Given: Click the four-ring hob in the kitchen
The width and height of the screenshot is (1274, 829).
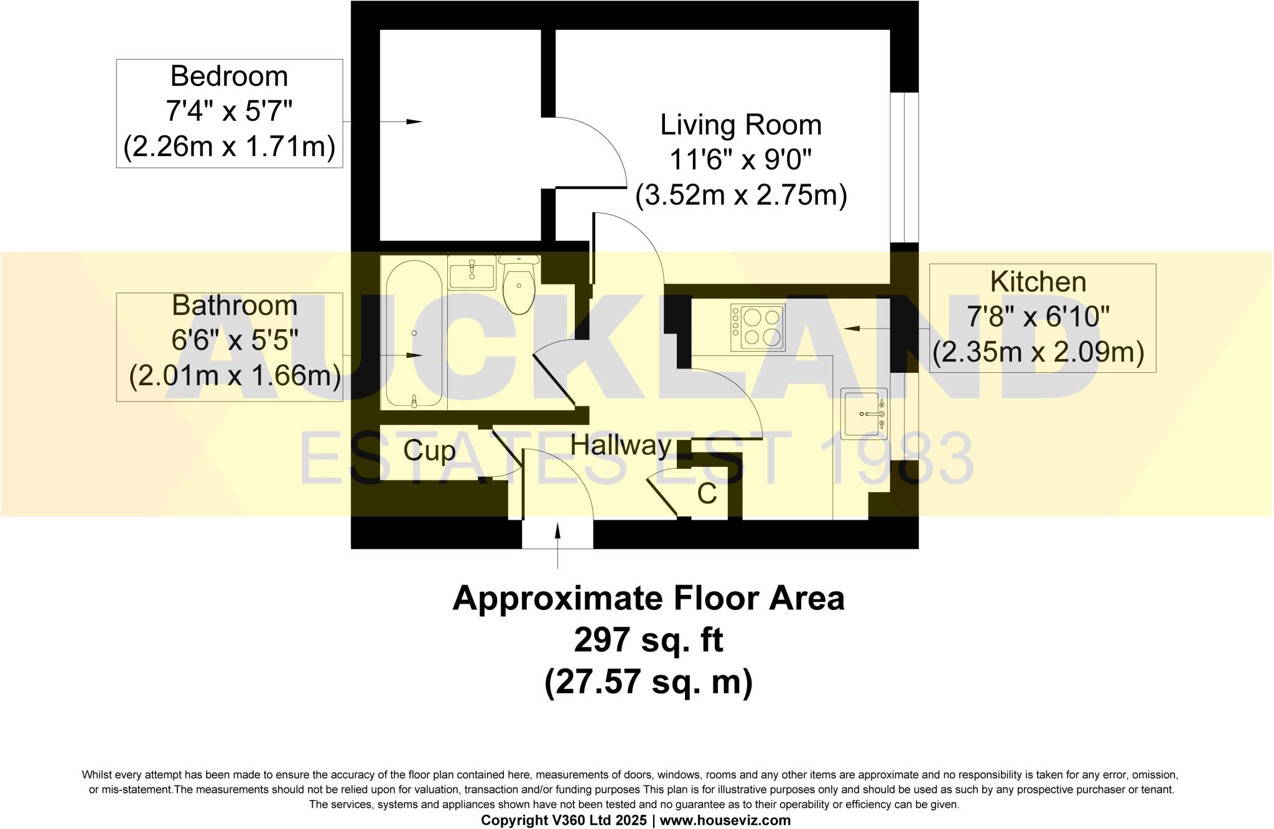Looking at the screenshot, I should pyautogui.click(x=757, y=327).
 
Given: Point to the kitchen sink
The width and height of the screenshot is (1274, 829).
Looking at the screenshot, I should pyautogui.click(x=863, y=413).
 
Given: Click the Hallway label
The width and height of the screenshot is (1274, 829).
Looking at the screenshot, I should pyautogui.click(x=621, y=446).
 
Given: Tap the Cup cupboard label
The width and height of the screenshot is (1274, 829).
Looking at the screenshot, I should pyautogui.click(x=429, y=451).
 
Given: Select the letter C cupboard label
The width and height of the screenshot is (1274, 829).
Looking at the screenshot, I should pyautogui.click(x=707, y=494).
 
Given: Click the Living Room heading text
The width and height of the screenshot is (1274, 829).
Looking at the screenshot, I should pyautogui.click(x=740, y=125).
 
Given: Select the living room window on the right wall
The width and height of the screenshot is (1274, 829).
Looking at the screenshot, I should pyautogui.click(x=904, y=167).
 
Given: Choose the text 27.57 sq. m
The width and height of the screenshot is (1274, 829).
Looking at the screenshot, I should pyautogui.click(x=648, y=681).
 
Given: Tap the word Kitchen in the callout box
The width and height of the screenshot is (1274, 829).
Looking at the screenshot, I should pyautogui.click(x=1038, y=282).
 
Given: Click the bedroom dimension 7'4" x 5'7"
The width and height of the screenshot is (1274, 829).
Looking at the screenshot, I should pyautogui.click(x=229, y=112).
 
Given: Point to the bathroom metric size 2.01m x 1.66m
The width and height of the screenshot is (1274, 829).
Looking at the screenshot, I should pyautogui.click(x=235, y=376).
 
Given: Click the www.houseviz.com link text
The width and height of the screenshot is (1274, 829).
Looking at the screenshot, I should pyautogui.click(x=725, y=820).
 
